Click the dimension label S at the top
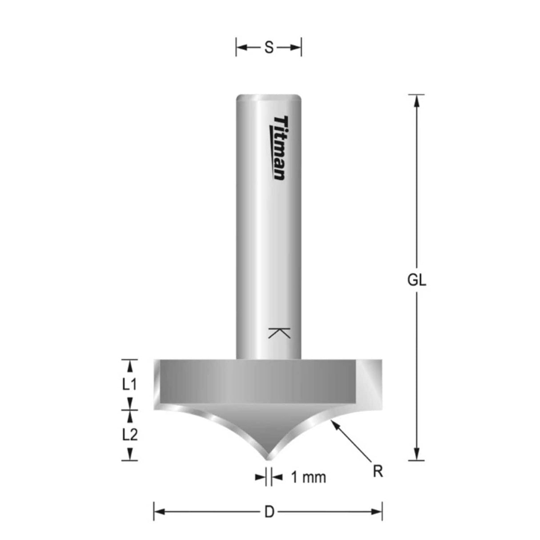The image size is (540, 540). coord(269,48)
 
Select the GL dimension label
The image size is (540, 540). coord(416,280)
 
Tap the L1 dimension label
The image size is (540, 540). coord(129,384)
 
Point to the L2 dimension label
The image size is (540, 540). coord(129,435)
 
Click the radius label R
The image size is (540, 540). coord(378,471)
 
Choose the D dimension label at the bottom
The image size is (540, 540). coord(269,512)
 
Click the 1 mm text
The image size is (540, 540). coord(308,477)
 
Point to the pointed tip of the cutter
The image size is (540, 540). coord(267,458)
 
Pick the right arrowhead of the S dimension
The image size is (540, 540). coord(296,48)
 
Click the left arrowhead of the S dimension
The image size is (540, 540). coord(242,48)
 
